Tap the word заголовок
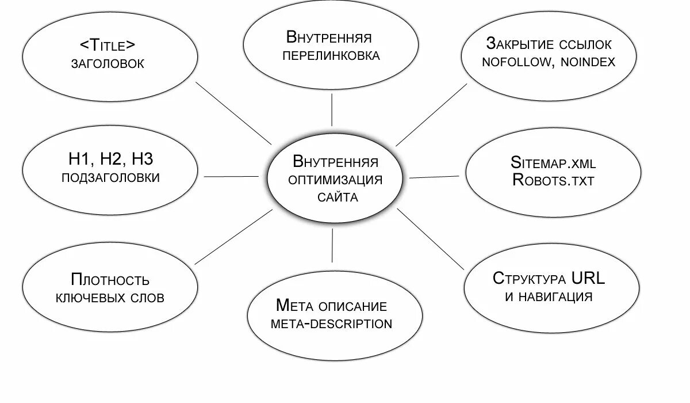pyautogui.click(x=108, y=64)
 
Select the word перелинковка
pyautogui.click(x=331, y=56)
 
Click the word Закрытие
pyautogui.click(x=520, y=44)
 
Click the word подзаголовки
pyautogui.click(x=110, y=178)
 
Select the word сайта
pyautogui.click(x=338, y=197)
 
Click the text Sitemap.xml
pyautogui.click(x=553, y=162)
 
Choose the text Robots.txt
pyautogui.click(x=553, y=180)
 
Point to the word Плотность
pyautogui.click(x=110, y=280)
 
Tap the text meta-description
pyautogui.click(x=331, y=324)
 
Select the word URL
pyautogui.click(x=588, y=279)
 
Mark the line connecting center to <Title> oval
pyautogui.click(x=233, y=112)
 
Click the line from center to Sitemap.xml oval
pyautogui.click(x=434, y=176)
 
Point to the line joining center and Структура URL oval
pyautogui.click(x=430, y=239)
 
